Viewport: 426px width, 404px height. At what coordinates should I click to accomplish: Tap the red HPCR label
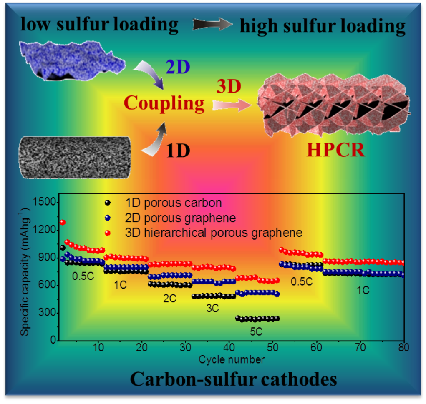336,150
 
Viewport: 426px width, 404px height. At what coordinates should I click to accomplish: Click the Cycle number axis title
231,359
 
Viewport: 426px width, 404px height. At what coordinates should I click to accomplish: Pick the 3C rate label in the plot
213,309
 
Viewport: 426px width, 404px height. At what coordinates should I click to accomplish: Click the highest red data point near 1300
63,222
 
